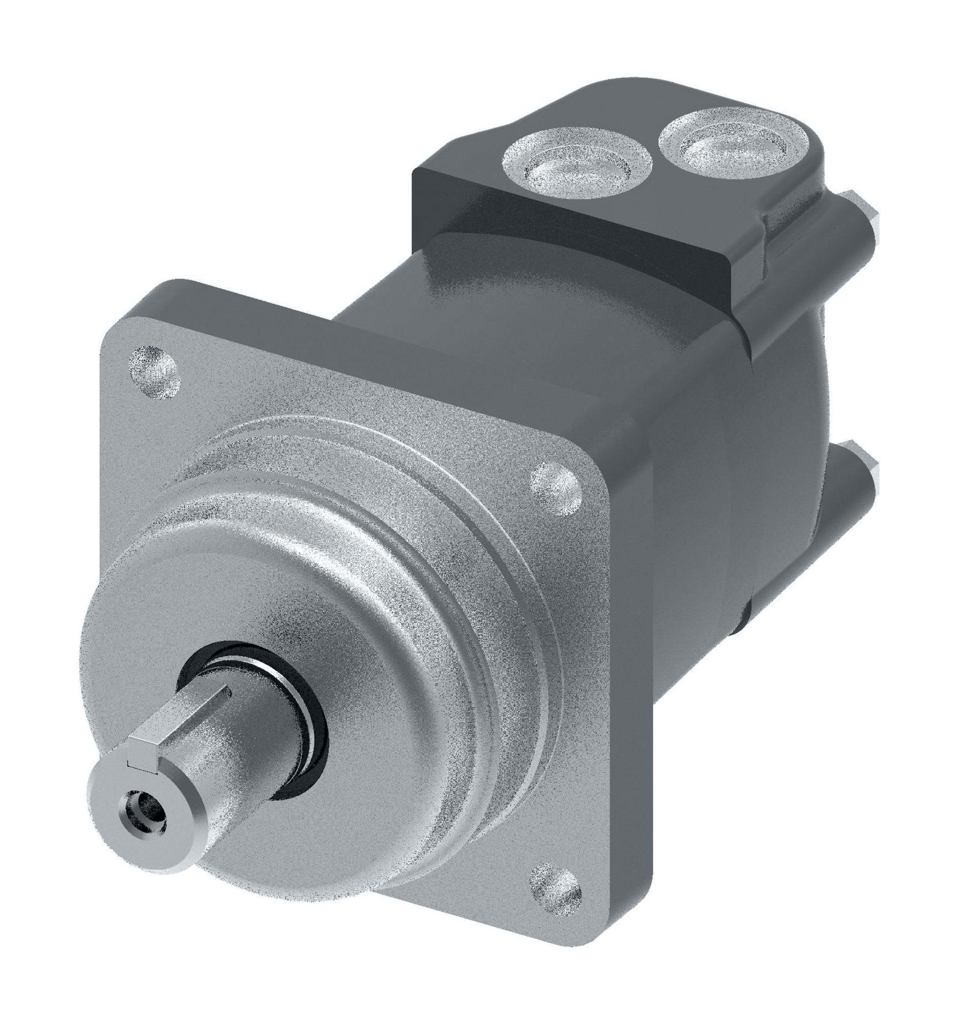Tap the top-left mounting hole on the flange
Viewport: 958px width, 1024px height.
pyautogui.click(x=154, y=372)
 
